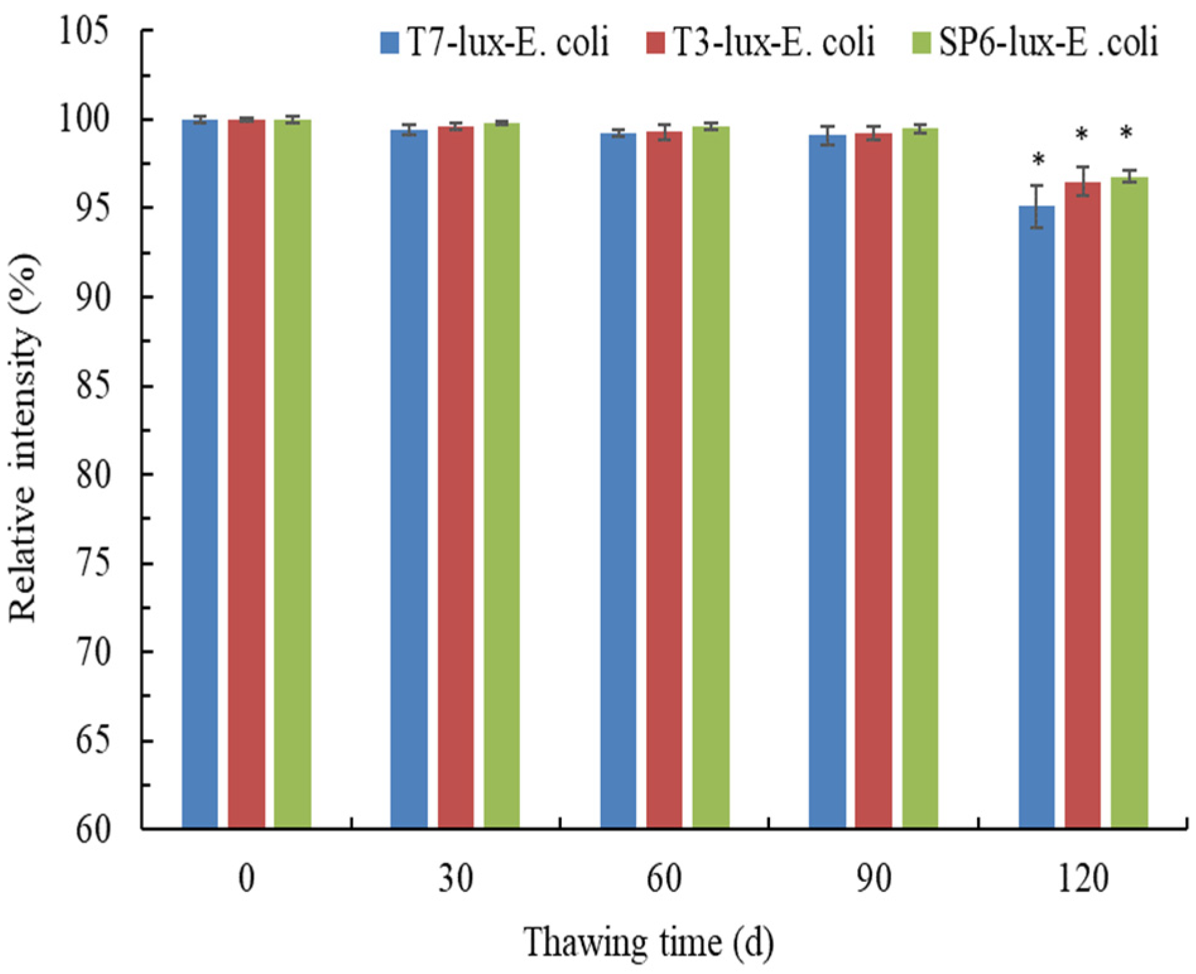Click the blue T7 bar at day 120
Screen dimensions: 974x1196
coord(1036,517)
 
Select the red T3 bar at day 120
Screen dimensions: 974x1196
coord(1082,505)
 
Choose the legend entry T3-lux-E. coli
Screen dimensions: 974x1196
coord(761,43)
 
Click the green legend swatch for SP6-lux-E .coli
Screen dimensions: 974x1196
coord(922,44)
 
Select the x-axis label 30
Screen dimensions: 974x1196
coord(455,877)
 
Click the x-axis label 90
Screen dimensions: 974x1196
coord(873,877)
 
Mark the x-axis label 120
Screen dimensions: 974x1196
coord(1082,877)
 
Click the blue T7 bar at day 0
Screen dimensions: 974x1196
coord(199,473)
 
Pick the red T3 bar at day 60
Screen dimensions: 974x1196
coord(663,479)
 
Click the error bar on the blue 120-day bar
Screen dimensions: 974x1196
coord(1036,206)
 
